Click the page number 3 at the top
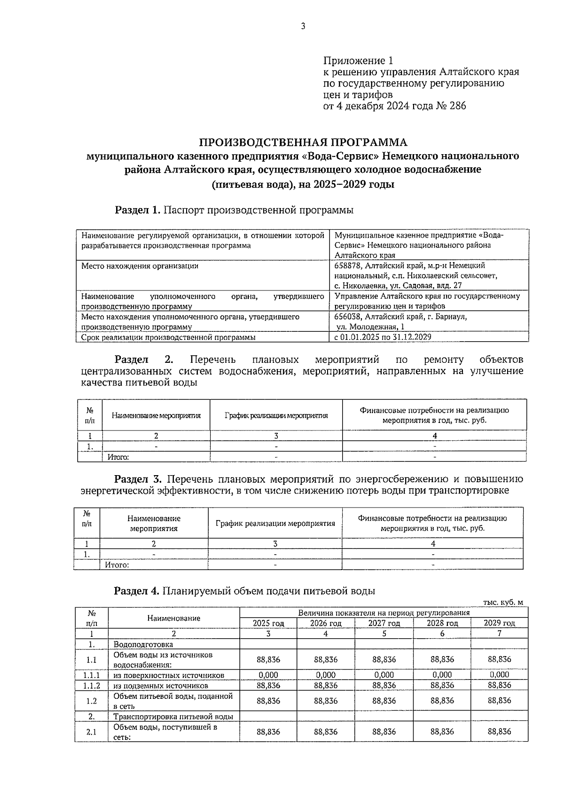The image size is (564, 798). (x=303, y=27)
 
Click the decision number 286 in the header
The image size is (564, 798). (x=458, y=106)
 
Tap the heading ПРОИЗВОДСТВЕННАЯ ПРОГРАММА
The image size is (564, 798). (x=303, y=142)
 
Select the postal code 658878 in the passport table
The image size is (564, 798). (x=349, y=266)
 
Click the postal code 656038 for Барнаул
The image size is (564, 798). (x=349, y=317)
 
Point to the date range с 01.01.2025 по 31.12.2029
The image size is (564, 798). (x=383, y=337)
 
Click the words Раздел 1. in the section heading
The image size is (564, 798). (x=138, y=210)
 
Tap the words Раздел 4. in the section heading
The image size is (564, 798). (x=137, y=591)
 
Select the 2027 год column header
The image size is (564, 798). (x=384, y=623)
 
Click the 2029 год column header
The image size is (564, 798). (x=499, y=623)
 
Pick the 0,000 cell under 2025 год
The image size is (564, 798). (x=268, y=675)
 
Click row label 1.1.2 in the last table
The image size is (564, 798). (x=92, y=686)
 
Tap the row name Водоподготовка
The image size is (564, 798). (x=143, y=644)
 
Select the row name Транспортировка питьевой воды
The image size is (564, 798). (x=173, y=717)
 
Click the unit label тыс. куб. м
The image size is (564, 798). (x=503, y=602)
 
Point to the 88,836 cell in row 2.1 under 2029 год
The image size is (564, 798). (x=499, y=732)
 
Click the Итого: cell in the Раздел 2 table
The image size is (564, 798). (x=118, y=457)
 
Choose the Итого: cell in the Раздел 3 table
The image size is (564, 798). (x=117, y=565)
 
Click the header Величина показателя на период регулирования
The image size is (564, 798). (x=384, y=613)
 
